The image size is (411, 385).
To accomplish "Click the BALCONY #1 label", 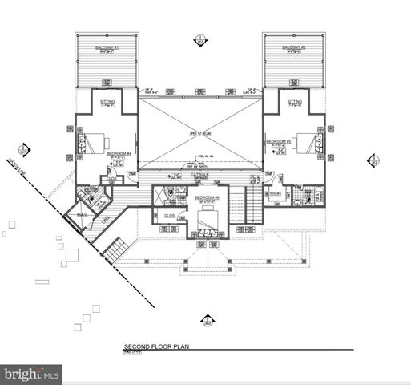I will tap(105, 48).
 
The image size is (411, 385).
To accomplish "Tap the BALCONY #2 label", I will tap(291, 48).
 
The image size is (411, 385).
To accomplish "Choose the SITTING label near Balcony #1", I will tap(107, 102).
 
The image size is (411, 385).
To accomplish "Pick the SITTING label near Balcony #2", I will tap(295, 102).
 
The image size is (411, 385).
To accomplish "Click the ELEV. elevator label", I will tap(81, 215).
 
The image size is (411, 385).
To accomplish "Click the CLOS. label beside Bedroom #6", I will tap(170, 215).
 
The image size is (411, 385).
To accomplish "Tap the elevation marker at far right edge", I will tap(373, 160).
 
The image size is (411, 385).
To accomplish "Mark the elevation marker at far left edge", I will tap(24, 149).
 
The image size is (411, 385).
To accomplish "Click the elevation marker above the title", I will tap(208, 322).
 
